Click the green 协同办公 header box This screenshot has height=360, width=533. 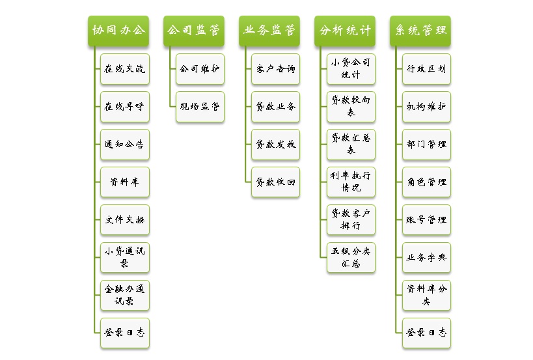[118, 31]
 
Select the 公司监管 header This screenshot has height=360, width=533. [194, 31]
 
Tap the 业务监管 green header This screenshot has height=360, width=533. [269, 31]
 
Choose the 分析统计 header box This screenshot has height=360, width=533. [345, 31]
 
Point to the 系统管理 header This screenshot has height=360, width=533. [420, 31]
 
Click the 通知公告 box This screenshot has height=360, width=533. [125, 145]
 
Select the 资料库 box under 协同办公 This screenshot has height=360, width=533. [125, 182]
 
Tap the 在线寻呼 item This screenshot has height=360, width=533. [125, 107]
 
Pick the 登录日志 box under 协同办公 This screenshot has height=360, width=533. [125, 333]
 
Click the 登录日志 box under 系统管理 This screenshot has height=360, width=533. [427, 333]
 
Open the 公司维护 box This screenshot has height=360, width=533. [200, 69]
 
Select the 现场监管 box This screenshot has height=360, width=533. [200, 107]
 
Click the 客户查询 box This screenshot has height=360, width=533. [276, 69]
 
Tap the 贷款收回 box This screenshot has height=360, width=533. [276, 182]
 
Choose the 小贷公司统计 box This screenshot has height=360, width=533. [351, 69]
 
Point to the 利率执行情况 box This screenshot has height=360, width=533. [351, 182]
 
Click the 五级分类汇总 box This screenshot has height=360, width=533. [351, 257]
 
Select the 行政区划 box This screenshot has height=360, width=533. [427, 69]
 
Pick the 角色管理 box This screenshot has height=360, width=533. [427, 182]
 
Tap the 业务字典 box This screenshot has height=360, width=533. [427, 257]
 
